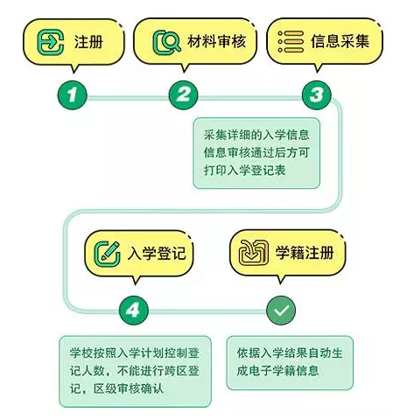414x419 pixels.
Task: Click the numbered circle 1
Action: point(73,95)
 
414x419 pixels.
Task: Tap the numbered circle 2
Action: point(184,95)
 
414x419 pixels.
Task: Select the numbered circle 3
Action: point(317,95)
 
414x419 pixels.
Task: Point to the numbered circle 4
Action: point(134,311)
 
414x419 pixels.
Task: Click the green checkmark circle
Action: point(281,311)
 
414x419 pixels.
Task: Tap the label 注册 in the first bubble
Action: point(88,42)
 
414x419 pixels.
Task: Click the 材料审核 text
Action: point(216,41)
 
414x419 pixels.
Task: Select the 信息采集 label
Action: point(340,41)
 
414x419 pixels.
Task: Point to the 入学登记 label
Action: point(157,253)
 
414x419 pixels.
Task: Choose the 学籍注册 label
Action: point(305,253)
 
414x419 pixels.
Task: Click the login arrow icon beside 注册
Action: point(51,42)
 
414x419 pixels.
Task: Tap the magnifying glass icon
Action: point(167,43)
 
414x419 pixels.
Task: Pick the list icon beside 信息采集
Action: point(291,42)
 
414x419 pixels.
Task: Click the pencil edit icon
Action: point(107,254)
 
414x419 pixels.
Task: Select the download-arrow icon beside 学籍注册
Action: point(254,253)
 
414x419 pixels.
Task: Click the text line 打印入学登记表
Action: point(244,171)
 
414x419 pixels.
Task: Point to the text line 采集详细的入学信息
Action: point(256,135)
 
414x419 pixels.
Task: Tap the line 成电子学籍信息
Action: point(277,371)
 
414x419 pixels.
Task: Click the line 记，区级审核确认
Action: point(116,388)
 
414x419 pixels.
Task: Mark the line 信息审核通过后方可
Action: point(256,152)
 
